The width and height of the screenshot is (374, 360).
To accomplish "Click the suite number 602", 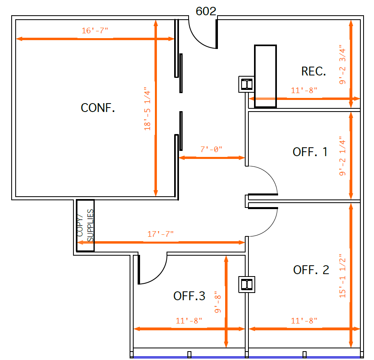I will tap(205, 11).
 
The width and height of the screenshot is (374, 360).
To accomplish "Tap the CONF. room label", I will tap(98, 108).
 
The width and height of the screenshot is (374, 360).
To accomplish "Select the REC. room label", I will tap(313, 71).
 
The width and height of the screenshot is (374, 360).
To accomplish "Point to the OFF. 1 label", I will tap(310, 152).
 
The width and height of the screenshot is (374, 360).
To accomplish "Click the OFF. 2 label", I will tap(311, 270).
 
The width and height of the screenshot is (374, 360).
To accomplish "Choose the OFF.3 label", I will tap(189, 296).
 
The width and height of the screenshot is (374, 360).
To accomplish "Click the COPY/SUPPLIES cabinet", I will tap(85, 225).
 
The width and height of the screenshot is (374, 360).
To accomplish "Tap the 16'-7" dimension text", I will tap(95, 31).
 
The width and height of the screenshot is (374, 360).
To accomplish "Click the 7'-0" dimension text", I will tap(211, 149).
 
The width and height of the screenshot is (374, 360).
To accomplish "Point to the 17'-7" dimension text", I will tap(161, 234).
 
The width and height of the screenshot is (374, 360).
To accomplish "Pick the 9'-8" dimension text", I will tap(218, 302).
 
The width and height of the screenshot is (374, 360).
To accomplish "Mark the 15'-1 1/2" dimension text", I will tap(342, 275).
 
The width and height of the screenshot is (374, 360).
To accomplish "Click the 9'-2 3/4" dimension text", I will tap(342, 65).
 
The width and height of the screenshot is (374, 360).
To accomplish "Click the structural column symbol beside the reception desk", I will tap(245, 84).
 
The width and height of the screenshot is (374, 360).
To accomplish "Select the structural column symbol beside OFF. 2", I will tap(246, 285).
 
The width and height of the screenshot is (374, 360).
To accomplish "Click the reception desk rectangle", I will tap(265, 76).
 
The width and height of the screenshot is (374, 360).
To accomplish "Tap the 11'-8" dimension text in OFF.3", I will tap(189, 321).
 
